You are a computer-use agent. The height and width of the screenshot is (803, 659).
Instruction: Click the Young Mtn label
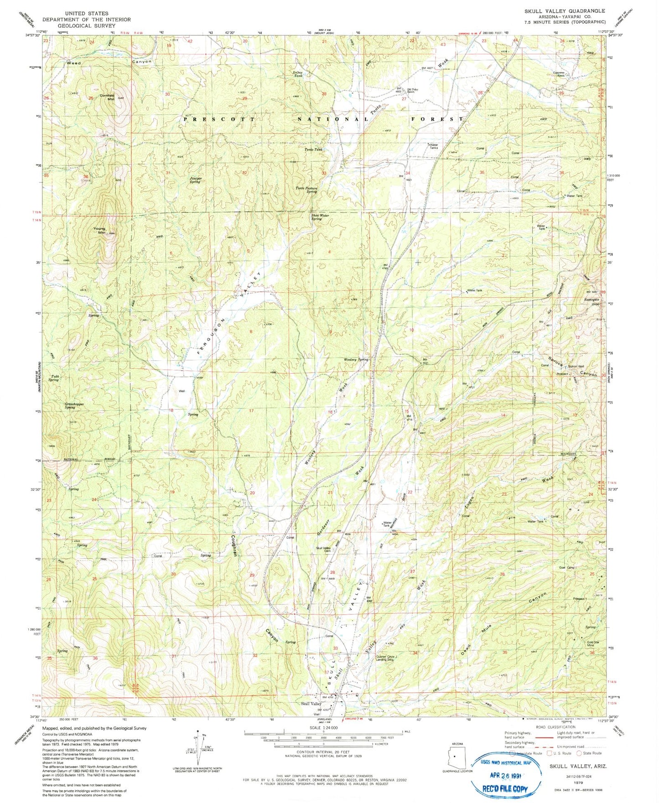(99, 231)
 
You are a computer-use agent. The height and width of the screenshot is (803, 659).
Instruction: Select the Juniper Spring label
(195, 180)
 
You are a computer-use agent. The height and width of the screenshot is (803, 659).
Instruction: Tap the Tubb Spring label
(54, 378)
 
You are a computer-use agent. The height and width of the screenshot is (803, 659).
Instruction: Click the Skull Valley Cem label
(323, 550)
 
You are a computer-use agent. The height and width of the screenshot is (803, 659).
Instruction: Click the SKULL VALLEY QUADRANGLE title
(565, 10)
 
